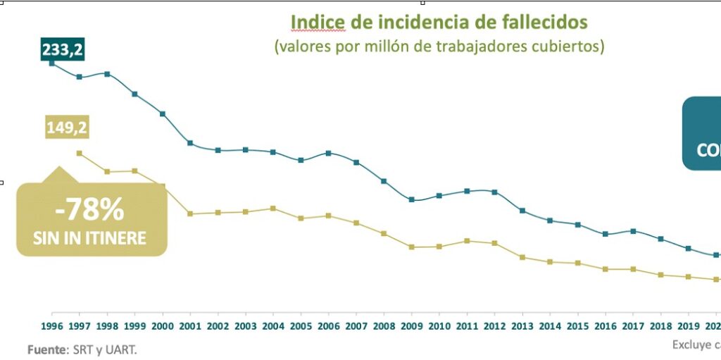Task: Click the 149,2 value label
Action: point(68,128)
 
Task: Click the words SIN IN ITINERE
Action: point(90,238)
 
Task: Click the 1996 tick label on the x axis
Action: point(52,326)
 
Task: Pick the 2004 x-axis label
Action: point(272,326)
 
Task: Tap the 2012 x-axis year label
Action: point(494,326)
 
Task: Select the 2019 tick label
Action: point(688,326)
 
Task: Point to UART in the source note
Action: point(122,349)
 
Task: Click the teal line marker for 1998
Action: point(107,73)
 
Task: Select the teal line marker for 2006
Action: point(328,153)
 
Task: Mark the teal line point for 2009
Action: point(411,200)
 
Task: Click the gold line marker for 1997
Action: point(79,153)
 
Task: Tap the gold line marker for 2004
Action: point(273,209)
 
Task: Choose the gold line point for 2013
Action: point(522,257)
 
